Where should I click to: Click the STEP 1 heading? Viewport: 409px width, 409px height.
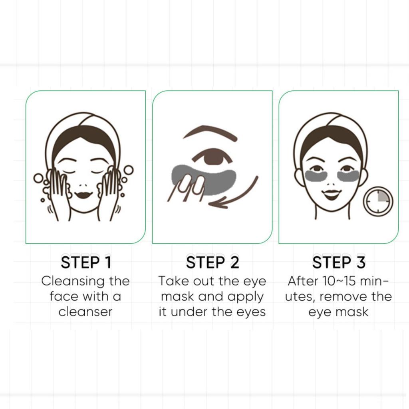[85, 262]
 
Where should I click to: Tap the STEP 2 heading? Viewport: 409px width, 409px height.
[212, 262]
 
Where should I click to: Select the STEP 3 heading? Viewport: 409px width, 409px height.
[338, 262]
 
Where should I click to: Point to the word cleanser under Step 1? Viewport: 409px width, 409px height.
[85, 312]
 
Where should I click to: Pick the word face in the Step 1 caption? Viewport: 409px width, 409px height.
[64, 296]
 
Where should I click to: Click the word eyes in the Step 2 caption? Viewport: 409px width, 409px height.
[250, 312]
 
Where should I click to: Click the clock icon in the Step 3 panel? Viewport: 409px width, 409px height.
[378, 202]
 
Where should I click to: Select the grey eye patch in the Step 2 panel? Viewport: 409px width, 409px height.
[218, 180]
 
